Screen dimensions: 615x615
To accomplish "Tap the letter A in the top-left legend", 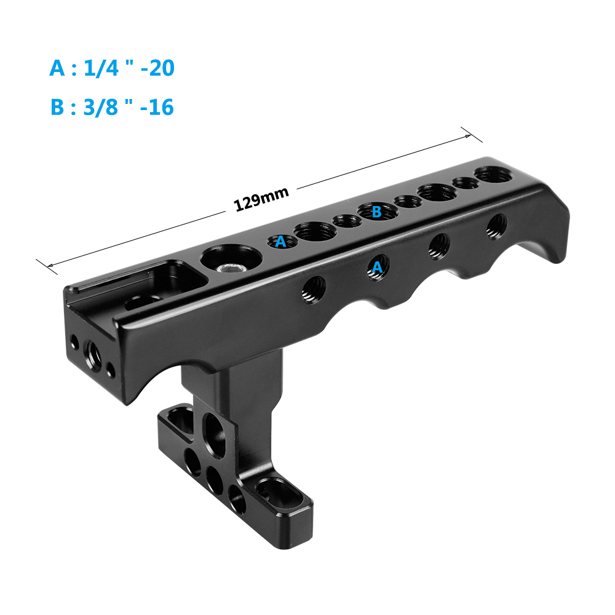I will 57,68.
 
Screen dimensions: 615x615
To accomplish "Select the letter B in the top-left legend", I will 57,107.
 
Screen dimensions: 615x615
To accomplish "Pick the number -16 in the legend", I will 157,107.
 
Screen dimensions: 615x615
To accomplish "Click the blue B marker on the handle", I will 377,212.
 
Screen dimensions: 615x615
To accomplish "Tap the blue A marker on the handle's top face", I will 280,242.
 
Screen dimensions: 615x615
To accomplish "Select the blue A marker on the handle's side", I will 377,266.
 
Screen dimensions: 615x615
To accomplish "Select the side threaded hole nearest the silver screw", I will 314,287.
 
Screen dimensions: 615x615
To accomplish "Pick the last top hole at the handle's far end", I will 492,175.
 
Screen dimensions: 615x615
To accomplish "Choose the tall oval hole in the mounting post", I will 213,427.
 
